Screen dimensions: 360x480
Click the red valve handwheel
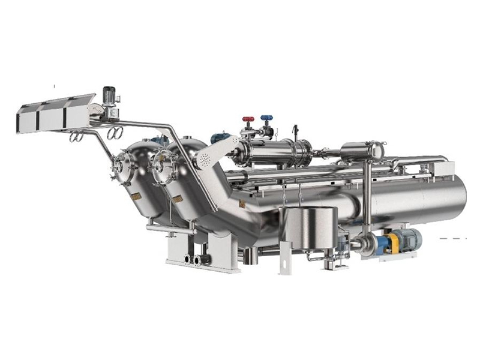click(x=247, y=119)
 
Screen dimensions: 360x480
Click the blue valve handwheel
click(x=265, y=118)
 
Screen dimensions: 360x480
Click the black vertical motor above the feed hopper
click(x=109, y=94)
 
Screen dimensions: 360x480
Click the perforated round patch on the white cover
click(x=206, y=159)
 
